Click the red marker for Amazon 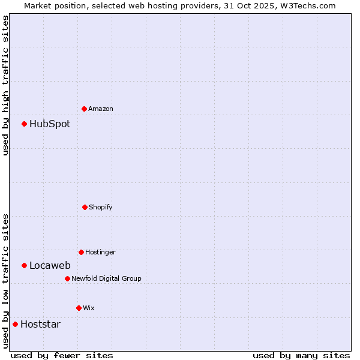click(x=84, y=109)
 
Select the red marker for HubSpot click(x=24, y=124)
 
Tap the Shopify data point click(x=85, y=207)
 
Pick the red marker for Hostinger click(x=81, y=252)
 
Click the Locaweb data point click(x=24, y=265)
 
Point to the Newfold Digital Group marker click(x=67, y=278)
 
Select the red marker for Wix click(x=79, y=308)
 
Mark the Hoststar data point click(x=15, y=324)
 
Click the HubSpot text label click(x=50, y=124)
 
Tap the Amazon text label click(x=101, y=109)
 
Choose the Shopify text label click(x=101, y=208)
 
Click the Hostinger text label click(x=100, y=253)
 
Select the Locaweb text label click(x=50, y=266)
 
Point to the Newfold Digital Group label click(x=106, y=279)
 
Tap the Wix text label click(x=89, y=308)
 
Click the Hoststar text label click(x=40, y=325)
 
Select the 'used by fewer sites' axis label click(x=62, y=355)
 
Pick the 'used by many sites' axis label click(x=301, y=355)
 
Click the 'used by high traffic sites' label click(x=5, y=85)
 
